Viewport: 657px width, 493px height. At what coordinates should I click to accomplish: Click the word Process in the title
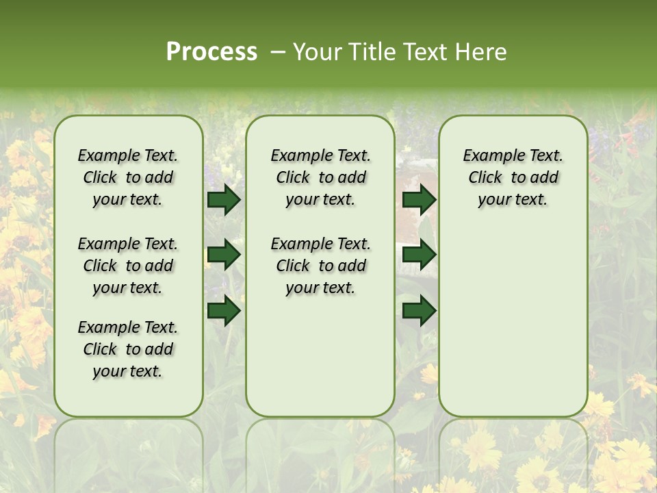pyautogui.click(x=211, y=52)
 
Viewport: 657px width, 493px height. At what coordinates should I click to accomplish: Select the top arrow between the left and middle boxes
pyautogui.click(x=224, y=200)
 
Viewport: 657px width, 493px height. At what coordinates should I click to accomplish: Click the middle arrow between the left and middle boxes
pyautogui.click(x=224, y=255)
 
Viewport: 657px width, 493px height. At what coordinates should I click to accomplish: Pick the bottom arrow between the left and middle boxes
pyautogui.click(x=224, y=310)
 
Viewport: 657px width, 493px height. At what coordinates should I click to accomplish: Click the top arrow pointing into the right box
pyautogui.click(x=419, y=200)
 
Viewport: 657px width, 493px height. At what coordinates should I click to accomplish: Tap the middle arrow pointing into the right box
pyautogui.click(x=419, y=255)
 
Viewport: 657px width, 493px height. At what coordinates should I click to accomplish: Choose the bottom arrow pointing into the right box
pyautogui.click(x=419, y=310)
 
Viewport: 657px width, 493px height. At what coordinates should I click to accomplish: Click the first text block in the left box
pyautogui.click(x=128, y=177)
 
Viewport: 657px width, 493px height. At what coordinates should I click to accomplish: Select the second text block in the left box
pyautogui.click(x=128, y=266)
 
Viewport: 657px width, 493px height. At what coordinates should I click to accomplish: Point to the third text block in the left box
pyautogui.click(x=128, y=349)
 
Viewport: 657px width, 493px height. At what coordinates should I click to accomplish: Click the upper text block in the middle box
pyautogui.click(x=320, y=177)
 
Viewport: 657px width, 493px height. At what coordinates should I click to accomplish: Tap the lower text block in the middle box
pyautogui.click(x=320, y=266)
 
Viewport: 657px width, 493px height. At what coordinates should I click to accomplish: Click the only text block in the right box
pyautogui.click(x=513, y=177)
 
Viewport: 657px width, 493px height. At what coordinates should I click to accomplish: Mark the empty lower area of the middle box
pyautogui.click(x=320, y=356)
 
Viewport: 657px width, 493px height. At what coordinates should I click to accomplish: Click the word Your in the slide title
pyautogui.click(x=315, y=52)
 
